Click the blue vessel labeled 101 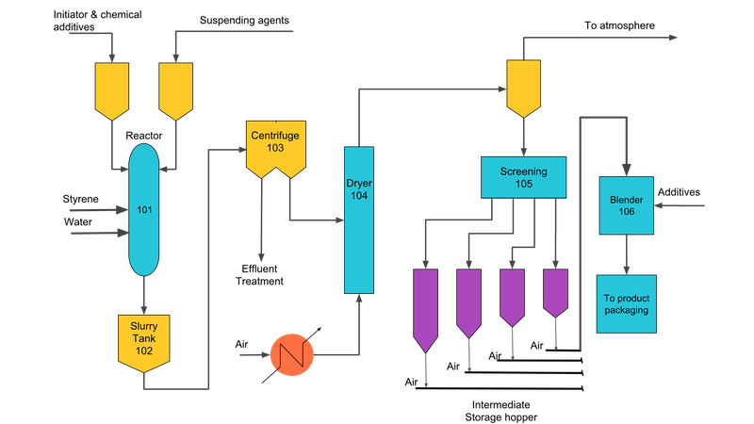coord(143,209)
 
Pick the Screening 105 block coord(523,177)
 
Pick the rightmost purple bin coord(555,292)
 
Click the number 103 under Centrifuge coord(274,149)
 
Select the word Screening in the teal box coord(523,171)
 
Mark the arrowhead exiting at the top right coord(673,39)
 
